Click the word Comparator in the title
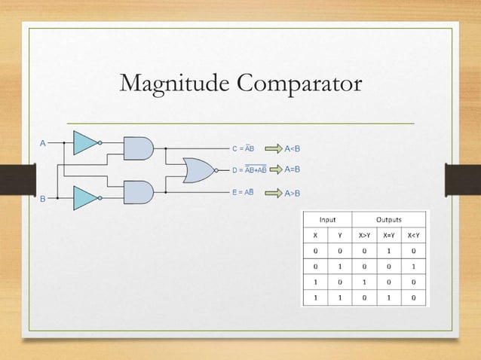tap(300, 84)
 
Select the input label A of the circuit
tap(43, 142)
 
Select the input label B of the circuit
tap(43, 199)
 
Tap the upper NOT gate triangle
tap(84, 142)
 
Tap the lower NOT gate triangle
tap(84, 199)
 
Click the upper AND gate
tap(137, 148)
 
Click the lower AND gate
tap(137, 192)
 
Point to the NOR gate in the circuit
tap(198, 170)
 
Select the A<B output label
tap(292, 148)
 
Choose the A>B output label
tap(292, 194)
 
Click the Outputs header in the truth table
tap(390, 220)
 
